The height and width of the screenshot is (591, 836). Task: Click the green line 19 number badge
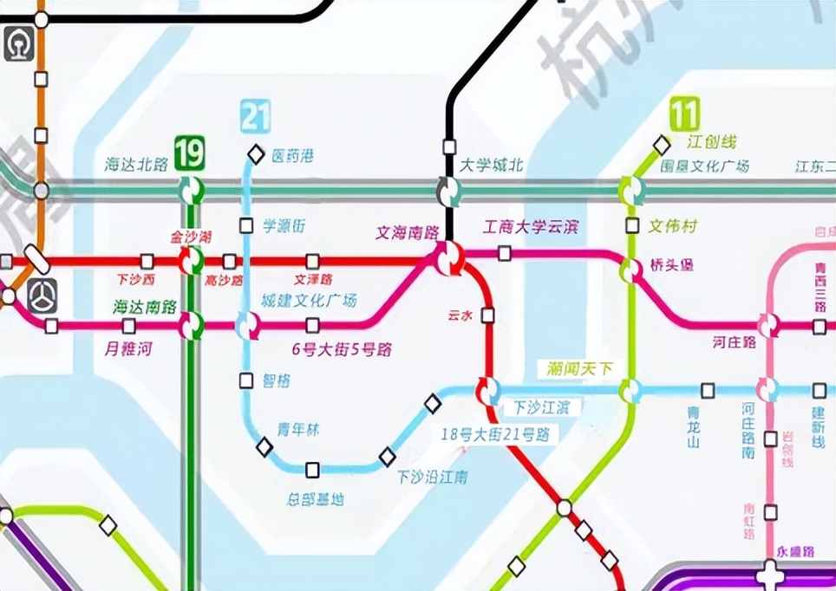coord(189,153)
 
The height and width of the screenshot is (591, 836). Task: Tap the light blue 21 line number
coord(256,116)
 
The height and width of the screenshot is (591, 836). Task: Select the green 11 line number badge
coord(684,114)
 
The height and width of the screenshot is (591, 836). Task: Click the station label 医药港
coord(292,156)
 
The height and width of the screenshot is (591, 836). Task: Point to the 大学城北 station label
coord(491,165)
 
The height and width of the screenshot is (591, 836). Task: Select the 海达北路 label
coord(136,165)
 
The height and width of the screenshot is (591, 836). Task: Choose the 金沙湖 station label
coord(190,236)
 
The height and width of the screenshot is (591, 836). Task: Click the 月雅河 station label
coord(128,349)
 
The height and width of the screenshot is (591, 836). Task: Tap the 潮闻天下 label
coord(579,368)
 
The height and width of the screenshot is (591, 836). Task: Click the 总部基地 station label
coord(315,499)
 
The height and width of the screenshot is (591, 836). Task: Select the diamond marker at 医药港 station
coord(256,154)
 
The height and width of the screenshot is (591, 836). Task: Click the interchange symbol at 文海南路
coord(449,259)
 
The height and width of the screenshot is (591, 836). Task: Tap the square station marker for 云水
coord(487,315)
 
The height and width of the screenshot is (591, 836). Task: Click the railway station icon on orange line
coord(19,44)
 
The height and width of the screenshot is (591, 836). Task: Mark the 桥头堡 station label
coord(671,265)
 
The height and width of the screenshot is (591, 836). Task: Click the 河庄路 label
coord(735,342)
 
